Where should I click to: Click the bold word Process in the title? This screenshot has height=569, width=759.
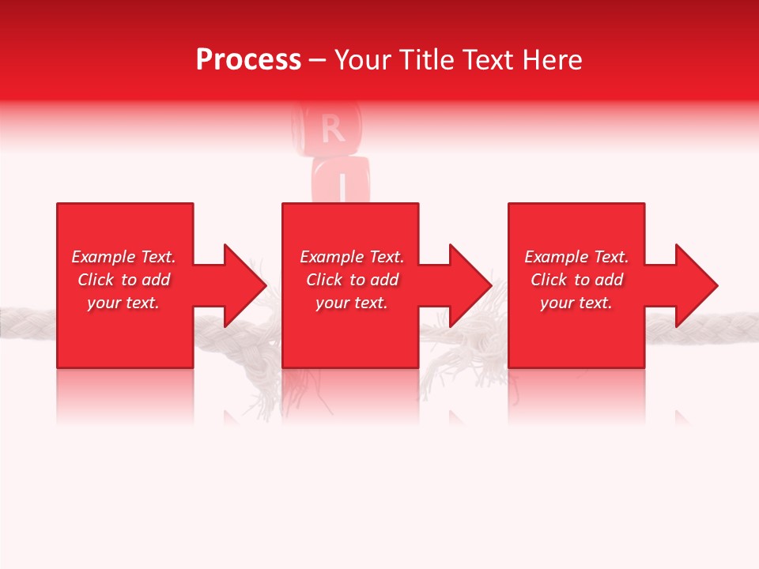point(248,60)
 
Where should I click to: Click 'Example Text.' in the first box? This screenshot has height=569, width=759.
point(123,257)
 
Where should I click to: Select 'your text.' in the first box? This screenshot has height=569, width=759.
point(123,303)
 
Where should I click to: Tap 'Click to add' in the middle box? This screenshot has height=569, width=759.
point(352,280)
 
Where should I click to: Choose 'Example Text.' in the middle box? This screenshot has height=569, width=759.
point(352,257)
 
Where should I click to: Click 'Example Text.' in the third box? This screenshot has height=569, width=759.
point(576,257)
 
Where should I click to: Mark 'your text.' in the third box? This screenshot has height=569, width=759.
point(576,303)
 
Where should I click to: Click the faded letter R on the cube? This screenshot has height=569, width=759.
point(333,129)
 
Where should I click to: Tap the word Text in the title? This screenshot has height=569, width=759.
point(490,60)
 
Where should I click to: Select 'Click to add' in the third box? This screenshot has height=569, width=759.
point(576,280)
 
